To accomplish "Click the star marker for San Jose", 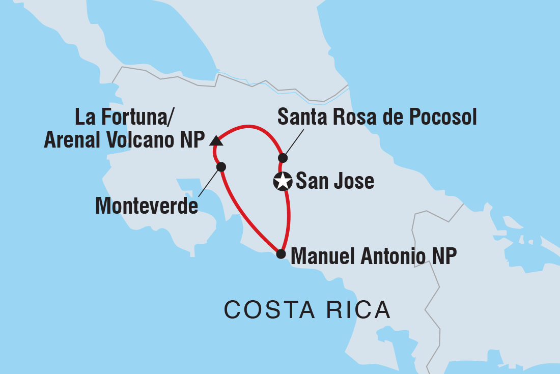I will click(283, 181).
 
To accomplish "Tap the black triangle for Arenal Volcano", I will click(215, 140).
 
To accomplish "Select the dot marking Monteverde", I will click(221, 166).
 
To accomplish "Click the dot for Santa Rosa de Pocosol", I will click(283, 158).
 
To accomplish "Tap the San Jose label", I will click(334, 181).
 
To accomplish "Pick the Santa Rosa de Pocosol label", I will click(377, 118).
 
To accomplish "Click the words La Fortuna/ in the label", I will click(125, 117).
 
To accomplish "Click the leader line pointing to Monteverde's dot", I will click(209, 182).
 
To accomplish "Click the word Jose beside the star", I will click(354, 181).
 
